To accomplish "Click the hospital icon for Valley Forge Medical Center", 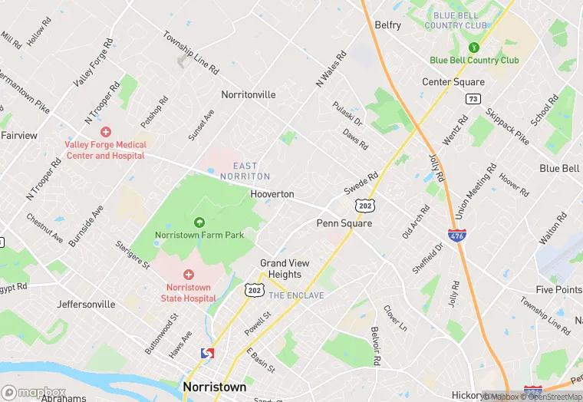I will [x=106, y=132].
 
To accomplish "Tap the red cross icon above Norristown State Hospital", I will [x=189, y=274].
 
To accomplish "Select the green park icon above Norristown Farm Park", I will [x=199, y=222].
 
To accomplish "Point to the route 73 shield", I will [x=473, y=99].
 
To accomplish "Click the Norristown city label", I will [x=215, y=387].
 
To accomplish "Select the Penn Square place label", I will [x=344, y=223].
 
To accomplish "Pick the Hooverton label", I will [x=272, y=194].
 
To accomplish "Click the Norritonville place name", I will [x=248, y=95].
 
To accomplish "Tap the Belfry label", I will [x=387, y=25].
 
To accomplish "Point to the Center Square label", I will [x=453, y=82].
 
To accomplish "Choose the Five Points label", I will [x=558, y=290].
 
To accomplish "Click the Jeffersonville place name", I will [x=86, y=305].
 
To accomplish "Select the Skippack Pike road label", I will [x=507, y=127].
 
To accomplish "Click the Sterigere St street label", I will [x=132, y=254].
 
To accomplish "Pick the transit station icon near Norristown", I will [x=206, y=354].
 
